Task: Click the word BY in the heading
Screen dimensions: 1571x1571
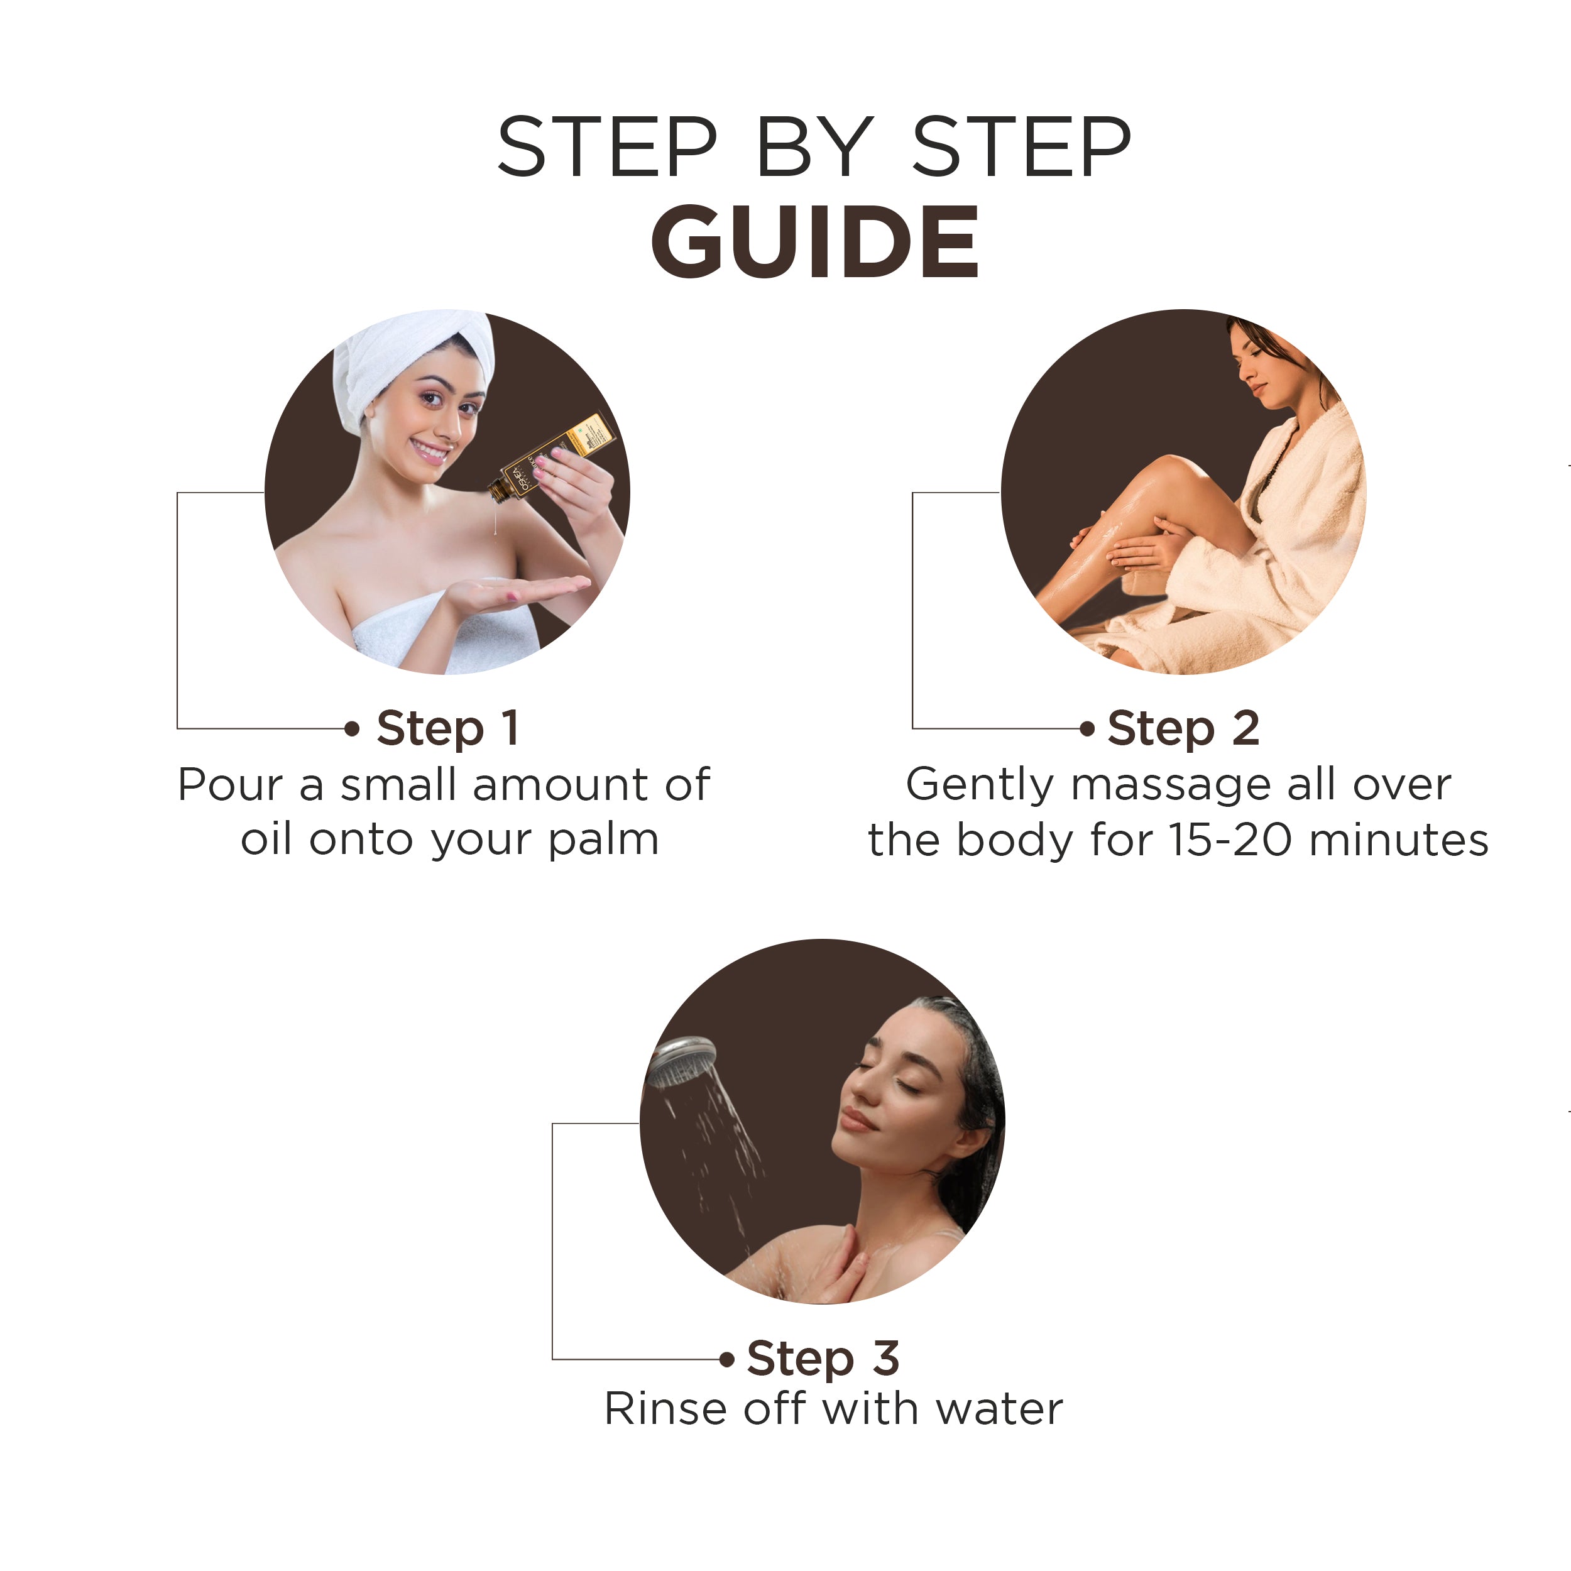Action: [x=814, y=147]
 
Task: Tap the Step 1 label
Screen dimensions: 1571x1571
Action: [x=447, y=728]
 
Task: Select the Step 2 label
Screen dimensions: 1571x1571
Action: [x=1183, y=728]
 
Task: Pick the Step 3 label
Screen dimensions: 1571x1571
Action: [x=823, y=1359]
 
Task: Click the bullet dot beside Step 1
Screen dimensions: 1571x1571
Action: [x=352, y=728]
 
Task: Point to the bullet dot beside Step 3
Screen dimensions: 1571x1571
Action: [x=727, y=1360]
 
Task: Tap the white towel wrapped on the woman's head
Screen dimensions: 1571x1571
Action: [x=407, y=358]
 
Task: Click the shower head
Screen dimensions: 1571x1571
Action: [x=681, y=1062]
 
